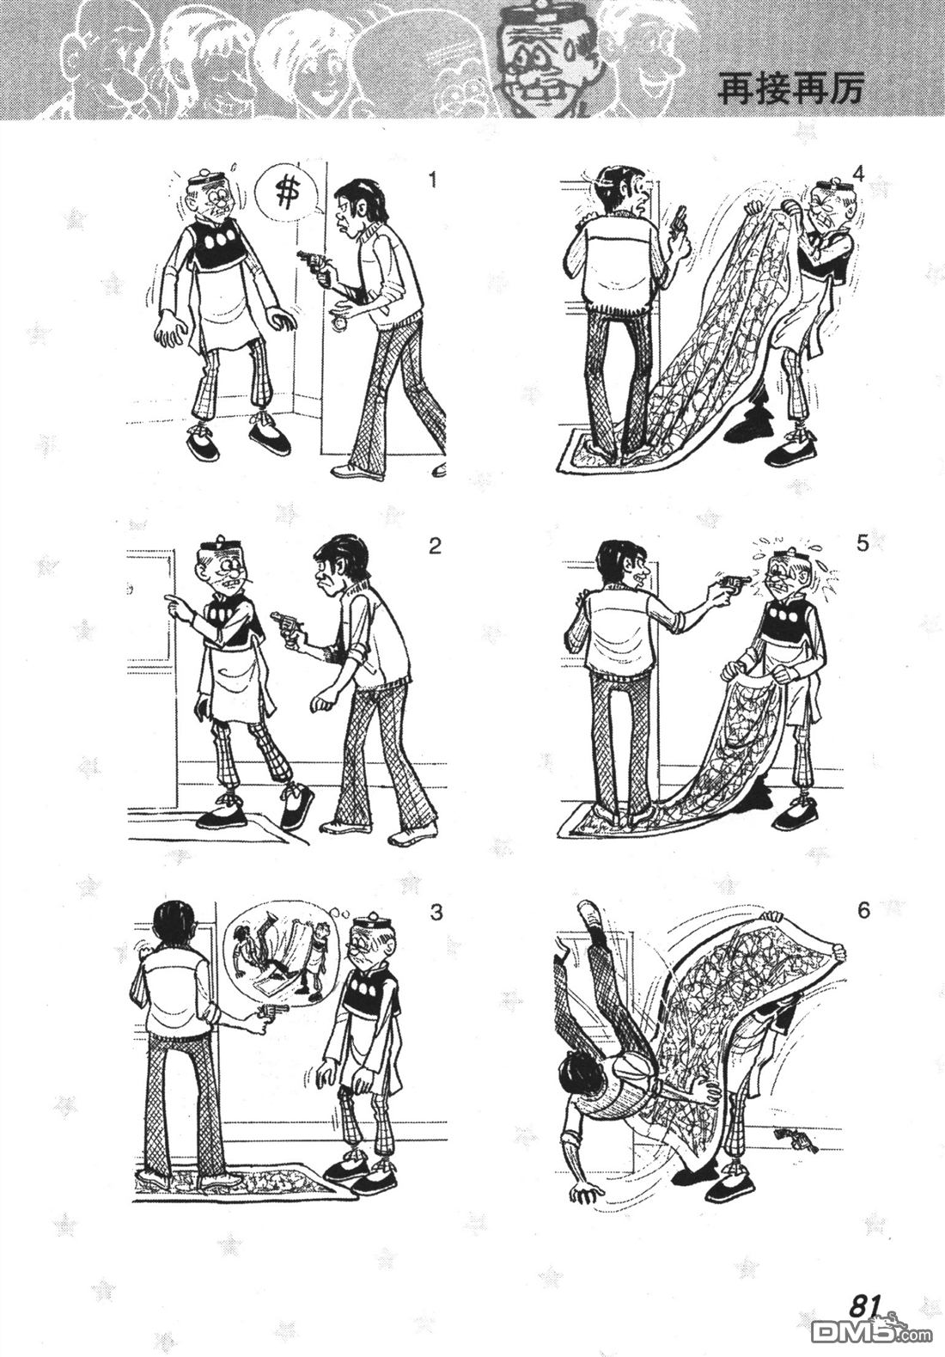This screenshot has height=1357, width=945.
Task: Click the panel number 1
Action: point(432,181)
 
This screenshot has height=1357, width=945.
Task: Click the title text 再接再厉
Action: point(788,90)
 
